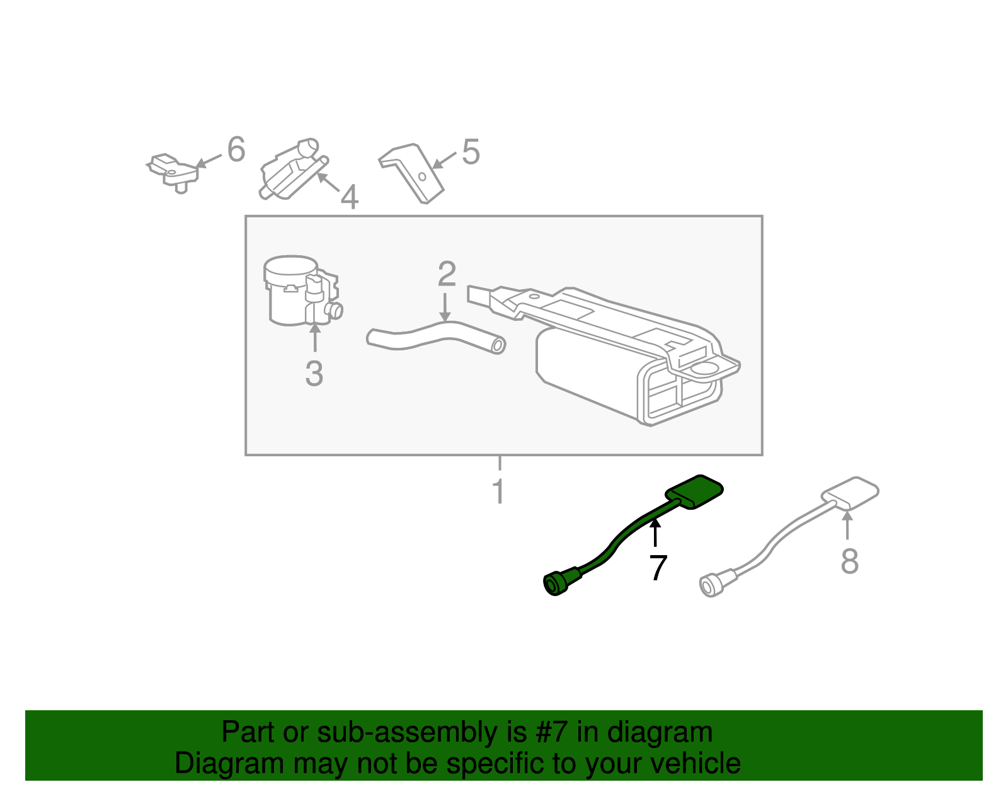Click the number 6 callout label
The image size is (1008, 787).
pyautogui.click(x=236, y=150)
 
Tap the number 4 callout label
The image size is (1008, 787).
pyautogui.click(x=350, y=197)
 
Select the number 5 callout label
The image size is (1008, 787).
pyautogui.click(x=471, y=152)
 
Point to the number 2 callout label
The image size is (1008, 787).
pyautogui.click(x=447, y=274)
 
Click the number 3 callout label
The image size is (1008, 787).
pyautogui.click(x=314, y=374)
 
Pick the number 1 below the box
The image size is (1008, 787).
pyautogui.click(x=498, y=492)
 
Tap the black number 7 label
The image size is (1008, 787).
pyautogui.click(x=658, y=568)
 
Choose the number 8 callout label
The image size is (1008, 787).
pyautogui.click(x=849, y=561)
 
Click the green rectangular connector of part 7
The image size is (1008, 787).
pyautogui.click(x=695, y=491)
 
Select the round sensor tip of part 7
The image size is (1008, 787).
pyautogui.click(x=555, y=584)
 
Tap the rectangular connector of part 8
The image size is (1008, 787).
pyautogui.click(x=850, y=493)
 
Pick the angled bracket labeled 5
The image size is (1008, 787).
pyautogui.click(x=413, y=171)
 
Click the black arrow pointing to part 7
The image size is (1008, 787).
pyautogui.click(x=655, y=533)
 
